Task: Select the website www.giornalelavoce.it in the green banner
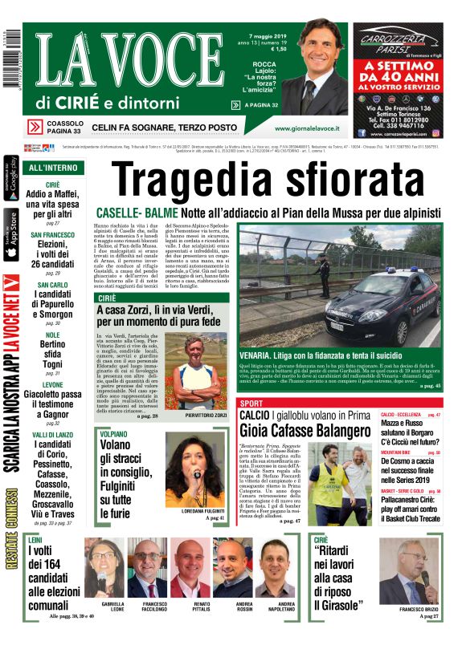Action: (x=310, y=128)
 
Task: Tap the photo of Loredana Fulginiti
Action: (x=194, y=477)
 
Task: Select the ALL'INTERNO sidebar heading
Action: (x=52, y=168)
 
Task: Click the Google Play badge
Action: (x=10, y=180)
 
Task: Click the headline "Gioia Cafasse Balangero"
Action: (x=306, y=430)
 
